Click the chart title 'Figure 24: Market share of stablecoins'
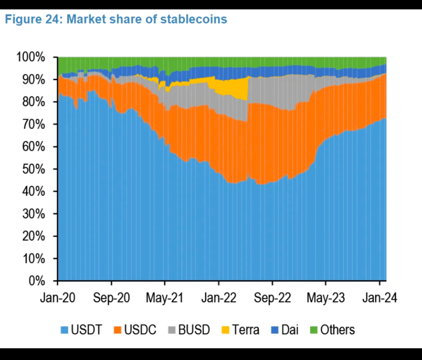[x=116, y=20]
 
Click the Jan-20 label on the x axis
[x=58, y=298]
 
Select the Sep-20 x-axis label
[x=111, y=298]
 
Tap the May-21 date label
[x=165, y=298]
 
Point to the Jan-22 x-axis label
[x=218, y=298]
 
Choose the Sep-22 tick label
[x=272, y=298]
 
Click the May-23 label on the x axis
[x=325, y=298]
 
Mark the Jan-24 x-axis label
[x=379, y=298]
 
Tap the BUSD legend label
[x=194, y=330]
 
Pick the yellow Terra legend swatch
[x=225, y=330]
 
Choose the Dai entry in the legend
[x=290, y=330]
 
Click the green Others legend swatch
[x=314, y=330]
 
